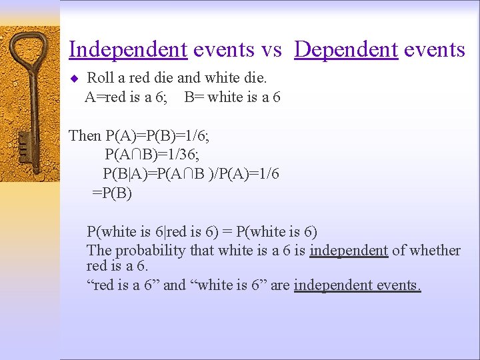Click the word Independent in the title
[x=128, y=49]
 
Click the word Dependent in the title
[x=345, y=49]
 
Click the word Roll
[x=101, y=79]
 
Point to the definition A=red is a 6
[x=126, y=97]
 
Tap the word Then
[x=85, y=136]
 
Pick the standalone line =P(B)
[x=112, y=193]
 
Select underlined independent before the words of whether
[x=349, y=251]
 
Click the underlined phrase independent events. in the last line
[x=357, y=285]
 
